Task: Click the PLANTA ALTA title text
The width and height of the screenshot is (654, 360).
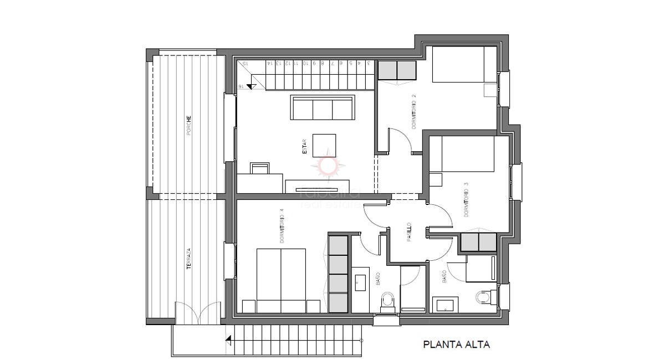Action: pyautogui.click(x=456, y=344)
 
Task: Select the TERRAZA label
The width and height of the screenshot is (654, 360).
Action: pyautogui.click(x=189, y=259)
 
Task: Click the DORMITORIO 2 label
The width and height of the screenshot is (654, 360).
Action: pyautogui.click(x=414, y=112)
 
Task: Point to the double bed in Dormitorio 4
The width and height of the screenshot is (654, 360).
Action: pyautogui.click(x=281, y=280)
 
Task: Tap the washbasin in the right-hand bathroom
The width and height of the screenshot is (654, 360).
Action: pyautogui.click(x=446, y=304)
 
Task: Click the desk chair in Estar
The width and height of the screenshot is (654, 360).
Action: pyautogui.click(x=259, y=168)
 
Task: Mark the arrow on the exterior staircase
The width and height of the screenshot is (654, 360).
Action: pyautogui.click(x=228, y=341)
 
